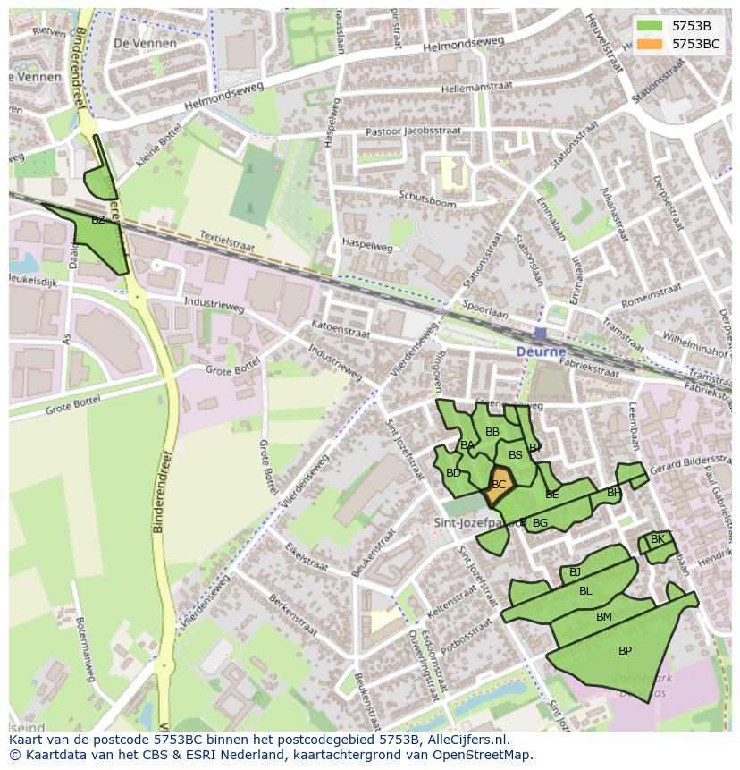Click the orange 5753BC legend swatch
(x=650, y=44)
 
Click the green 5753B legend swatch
(x=650, y=26)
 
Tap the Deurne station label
(x=541, y=352)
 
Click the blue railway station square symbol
(x=541, y=334)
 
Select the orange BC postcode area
(x=499, y=485)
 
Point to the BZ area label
(x=98, y=219)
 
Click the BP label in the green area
(x=625, y=651)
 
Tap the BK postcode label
(x=658, y=539)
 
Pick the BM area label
(x=604, y=617)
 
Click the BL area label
(x=585, y=591)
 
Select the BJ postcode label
(x=576, y=572)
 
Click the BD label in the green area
(x=453, y=473)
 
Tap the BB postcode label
(x=492, y=432)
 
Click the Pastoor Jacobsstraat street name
(x=413, y=131)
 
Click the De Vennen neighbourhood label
(x=146, y=43)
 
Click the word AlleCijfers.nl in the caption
(x=465, y=740)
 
